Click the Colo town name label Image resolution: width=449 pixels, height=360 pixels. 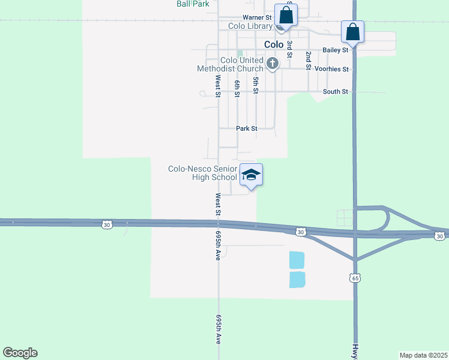(x=274, y=45)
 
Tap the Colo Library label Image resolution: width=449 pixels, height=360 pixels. (x=250, y=26)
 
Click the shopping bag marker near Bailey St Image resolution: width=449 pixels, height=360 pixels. (x=352, y=32)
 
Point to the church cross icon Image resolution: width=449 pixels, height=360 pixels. (x=272, y=63)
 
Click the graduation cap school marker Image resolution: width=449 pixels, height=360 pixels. (x=251, y=175)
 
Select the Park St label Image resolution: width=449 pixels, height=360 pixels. (x=247, y=128)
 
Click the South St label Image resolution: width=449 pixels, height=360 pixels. (x=336, y=92)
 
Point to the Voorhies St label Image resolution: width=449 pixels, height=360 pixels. (x=332, y=70)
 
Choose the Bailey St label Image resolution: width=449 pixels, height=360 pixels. (x=336, y=50)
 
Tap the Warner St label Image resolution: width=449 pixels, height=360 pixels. (x=258, y=17)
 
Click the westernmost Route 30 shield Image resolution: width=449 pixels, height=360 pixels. (x=106, y=224)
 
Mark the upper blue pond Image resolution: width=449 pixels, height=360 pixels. (x=297, y=260)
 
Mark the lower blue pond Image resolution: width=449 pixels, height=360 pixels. (x=297, y=280)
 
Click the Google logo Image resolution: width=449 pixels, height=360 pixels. (x=20, y=353)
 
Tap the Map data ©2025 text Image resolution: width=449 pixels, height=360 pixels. (x=423, y=355)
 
